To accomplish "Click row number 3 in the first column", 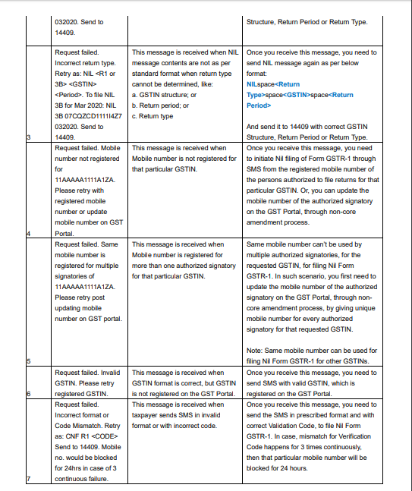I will tap(27, 137).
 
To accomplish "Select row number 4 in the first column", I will tap(27, 234).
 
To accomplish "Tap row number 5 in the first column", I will tap(27, 361).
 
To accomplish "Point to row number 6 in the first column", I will tap(27, 394).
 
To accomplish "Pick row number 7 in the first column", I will tap(27, 479).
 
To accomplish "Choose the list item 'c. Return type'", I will tap(153, 116).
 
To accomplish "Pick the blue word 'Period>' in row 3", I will tap(259, 105).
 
